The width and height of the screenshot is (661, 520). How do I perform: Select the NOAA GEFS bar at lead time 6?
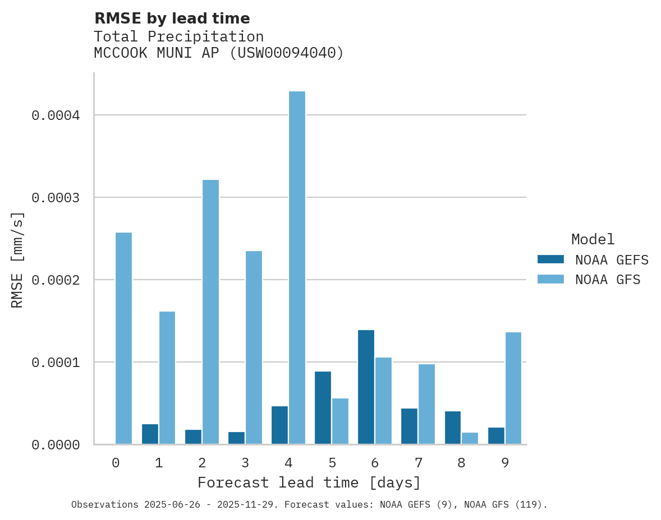(366, 387)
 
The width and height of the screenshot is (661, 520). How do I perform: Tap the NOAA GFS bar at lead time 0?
(123, 338)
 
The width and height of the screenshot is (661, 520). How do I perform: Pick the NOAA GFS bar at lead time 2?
(210, 312)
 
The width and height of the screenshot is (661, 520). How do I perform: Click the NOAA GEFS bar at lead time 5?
(323, 408)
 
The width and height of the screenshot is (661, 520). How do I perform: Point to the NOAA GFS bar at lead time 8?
(470, 438)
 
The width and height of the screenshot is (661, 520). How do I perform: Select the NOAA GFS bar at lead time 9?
(513, 388)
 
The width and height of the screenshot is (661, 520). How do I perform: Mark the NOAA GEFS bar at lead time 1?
(150, 434)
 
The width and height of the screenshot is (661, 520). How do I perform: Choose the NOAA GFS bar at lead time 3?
(254, 347)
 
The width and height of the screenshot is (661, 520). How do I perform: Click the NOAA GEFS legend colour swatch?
(550, 259)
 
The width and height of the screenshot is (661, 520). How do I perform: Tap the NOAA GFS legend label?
(608, 280)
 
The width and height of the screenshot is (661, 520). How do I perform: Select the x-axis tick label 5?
(332, 463)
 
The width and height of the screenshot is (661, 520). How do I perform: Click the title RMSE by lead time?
(172, 18)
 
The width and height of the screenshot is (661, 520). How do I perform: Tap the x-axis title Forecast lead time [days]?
(309, 482)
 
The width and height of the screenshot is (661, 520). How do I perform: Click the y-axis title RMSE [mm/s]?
(17, 260)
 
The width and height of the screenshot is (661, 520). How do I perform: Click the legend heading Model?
(593, 239)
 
